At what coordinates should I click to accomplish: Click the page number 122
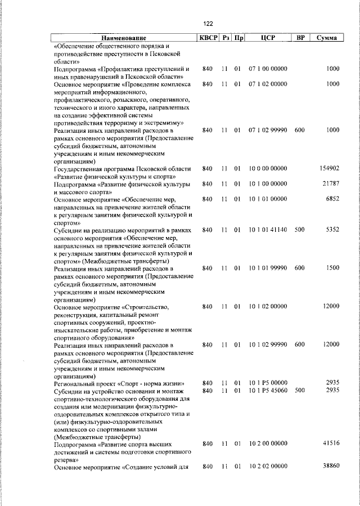coord(208,23)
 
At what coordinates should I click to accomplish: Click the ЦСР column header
coord(267,38)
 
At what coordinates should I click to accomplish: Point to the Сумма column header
coord(326,38)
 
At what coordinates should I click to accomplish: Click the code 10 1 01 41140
coord(267,230)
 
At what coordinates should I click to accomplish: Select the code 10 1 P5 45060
coord(267,390)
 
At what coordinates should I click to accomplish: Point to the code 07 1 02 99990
coord(267,130)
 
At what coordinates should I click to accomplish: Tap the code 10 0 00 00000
coord(267,168)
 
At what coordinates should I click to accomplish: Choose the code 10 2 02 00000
coord(267,467)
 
